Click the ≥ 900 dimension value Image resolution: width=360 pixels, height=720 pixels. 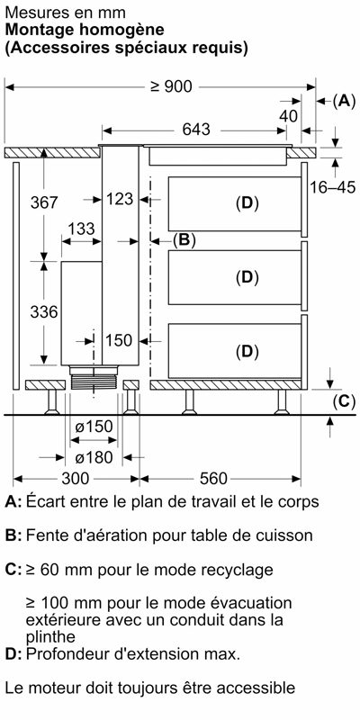[171, 86]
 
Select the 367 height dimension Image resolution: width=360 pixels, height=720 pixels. [44, 202]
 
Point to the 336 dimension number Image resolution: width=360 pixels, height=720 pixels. [44, 312]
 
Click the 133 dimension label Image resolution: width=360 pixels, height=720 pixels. [81, 229]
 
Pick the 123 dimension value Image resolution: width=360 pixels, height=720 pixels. [119, 199]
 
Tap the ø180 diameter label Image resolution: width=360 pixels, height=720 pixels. [94, 457]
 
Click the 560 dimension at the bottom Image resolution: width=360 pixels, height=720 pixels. [213, 479]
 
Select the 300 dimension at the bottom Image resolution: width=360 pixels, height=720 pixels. [75, 479]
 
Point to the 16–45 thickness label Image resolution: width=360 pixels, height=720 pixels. [332, 187]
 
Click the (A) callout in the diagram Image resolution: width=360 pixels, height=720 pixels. [344, 101]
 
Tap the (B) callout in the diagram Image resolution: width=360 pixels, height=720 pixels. [184, 240]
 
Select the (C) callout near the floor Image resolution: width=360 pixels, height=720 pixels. [344, 401]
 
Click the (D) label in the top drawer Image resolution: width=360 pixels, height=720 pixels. [247, 203]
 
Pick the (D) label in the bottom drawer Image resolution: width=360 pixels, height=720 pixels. [247, 352]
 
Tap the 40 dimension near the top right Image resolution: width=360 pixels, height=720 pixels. [288, 117]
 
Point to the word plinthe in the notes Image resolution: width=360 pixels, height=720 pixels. [50, 637]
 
